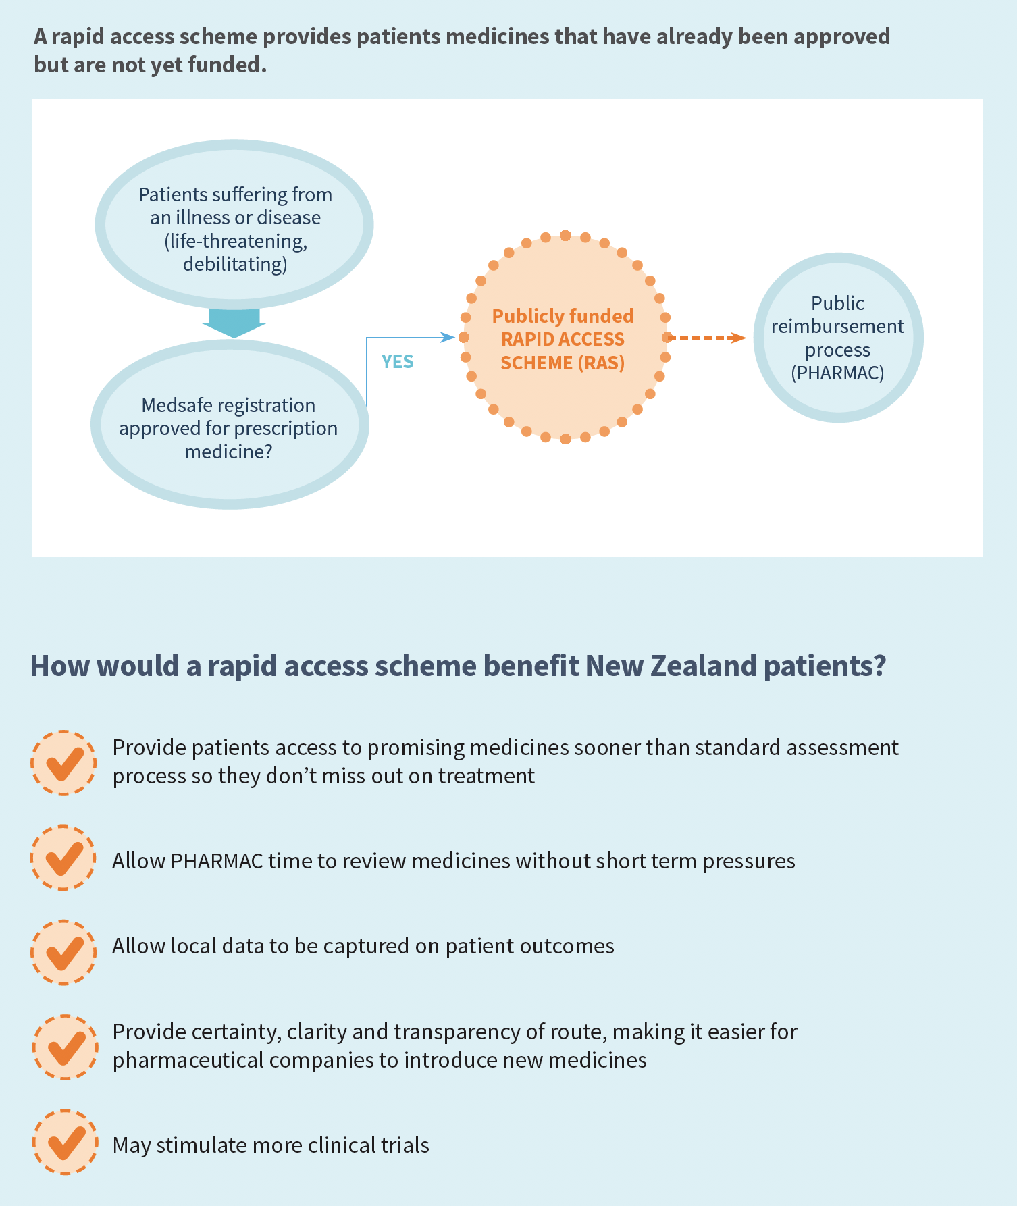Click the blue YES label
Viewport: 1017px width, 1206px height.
pyautogui.click(x=397, y=362)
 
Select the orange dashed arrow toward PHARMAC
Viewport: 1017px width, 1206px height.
pyautogui.click(x=706, y=338)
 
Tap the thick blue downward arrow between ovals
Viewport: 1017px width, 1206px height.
pyautogui.click(x=234, y=323)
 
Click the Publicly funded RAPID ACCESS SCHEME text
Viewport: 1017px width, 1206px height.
pyautogui.click(x=563, y=339)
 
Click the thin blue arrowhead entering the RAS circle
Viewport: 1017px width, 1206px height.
pyautogui.click(x=448, y=337)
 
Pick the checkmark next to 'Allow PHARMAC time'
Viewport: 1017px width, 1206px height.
pyautogui.click(x=63, y=858)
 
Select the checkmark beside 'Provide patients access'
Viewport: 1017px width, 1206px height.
pyautogui.click(x=63, y=763)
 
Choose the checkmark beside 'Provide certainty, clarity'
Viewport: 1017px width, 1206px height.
pyautogui.click(x=66, y=1047)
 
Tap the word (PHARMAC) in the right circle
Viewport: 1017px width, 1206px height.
pyautogui.click(x=837, y=373)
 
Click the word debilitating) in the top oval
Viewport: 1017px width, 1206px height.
pyautogui.click(x=235, y=264)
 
